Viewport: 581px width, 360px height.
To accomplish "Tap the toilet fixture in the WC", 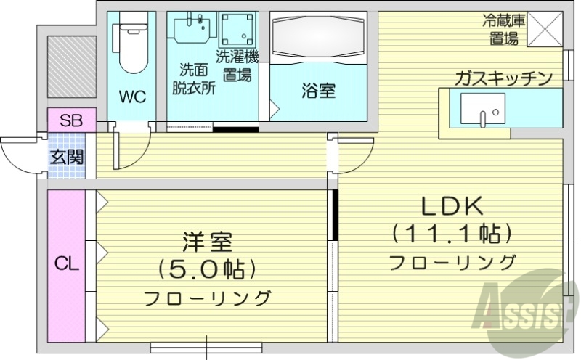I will click(x=132, y=44).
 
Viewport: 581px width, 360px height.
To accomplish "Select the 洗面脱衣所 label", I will click(x=193, y=80).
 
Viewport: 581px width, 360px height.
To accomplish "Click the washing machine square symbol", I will click(x=238, y=30).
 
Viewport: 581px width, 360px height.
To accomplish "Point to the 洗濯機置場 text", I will click(x=237, y=65).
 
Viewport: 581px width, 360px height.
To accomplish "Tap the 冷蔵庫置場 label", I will click(x=503, y=30).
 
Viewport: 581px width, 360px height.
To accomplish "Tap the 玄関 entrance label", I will click(x=66, y=156).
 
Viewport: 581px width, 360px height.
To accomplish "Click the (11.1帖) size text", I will click(x=452, y=234).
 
